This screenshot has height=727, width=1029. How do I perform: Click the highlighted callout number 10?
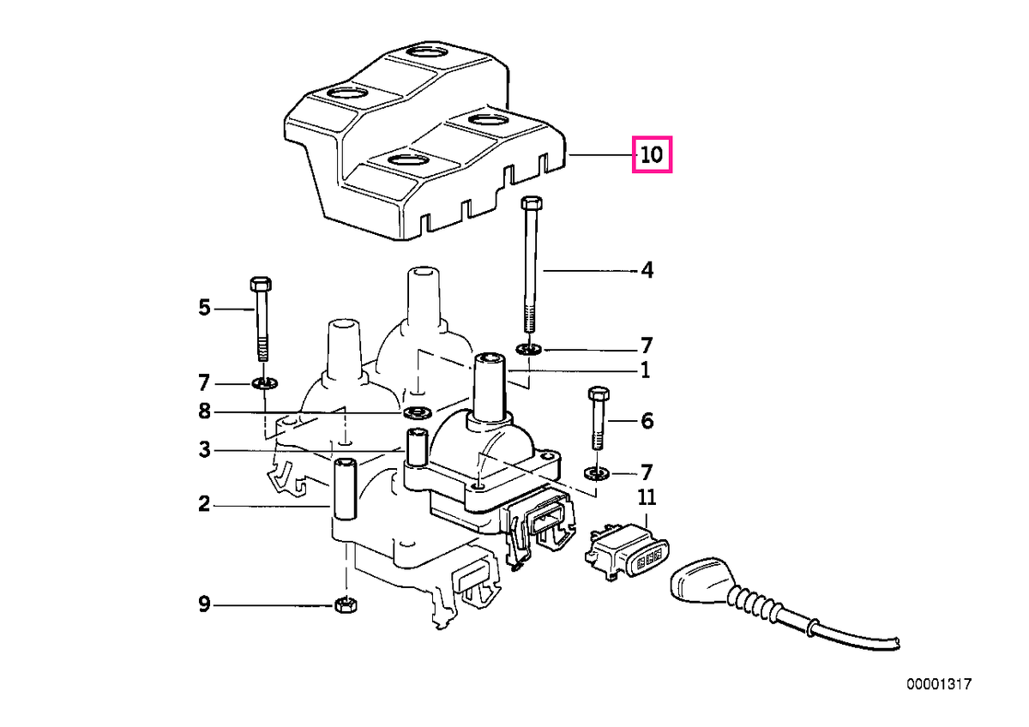click(x=652, y=155)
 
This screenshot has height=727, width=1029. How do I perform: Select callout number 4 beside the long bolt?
click(x=647, y=270)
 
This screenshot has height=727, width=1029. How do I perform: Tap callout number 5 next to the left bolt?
click(x=204, y=307)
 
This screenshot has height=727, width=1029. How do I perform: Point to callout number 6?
click(x=647, y=421)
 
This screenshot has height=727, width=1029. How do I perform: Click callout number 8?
click(x=204, y=412)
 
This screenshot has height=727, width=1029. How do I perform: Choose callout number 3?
click(x=204, y=449)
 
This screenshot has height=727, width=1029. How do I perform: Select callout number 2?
click(x=204, y=504)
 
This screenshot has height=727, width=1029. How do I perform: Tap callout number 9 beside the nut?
click(x=204, y=604)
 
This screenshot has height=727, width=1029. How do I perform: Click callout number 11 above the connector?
click(x=647, y=497)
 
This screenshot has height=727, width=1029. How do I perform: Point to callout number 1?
click(x=646, y=370)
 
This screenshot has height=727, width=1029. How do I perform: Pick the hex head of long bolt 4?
click(x=532, y=202)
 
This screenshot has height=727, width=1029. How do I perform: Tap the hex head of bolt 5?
click(x=261, y=284)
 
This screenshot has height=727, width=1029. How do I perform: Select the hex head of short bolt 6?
click(x=599, y=394)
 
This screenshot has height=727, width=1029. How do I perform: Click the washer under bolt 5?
click(x=265, y=382)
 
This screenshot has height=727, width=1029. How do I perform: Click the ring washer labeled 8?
click(x=418, y=412)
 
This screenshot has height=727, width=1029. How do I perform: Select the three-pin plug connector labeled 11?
click(x=627, y=552)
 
